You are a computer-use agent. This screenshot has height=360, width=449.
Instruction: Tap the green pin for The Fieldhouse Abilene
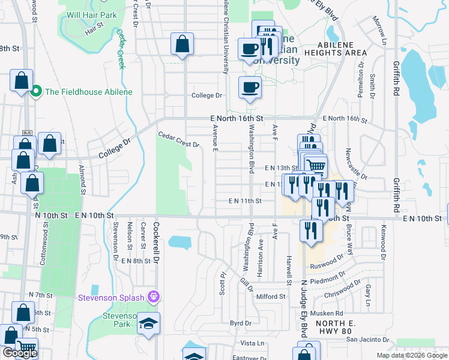pos(35,92)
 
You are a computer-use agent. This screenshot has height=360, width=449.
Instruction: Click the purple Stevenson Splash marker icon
pos(154,296)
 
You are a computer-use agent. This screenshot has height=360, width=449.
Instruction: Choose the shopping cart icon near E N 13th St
pos(315,165)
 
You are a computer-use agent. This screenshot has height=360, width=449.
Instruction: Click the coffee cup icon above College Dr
pos(250,88)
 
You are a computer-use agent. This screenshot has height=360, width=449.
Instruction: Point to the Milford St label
pos(271,296)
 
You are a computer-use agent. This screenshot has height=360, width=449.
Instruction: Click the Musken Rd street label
pos(330,313)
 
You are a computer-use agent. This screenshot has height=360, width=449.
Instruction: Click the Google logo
pos(20,353)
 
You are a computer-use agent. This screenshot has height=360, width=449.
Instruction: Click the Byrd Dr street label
pos(240,323)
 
